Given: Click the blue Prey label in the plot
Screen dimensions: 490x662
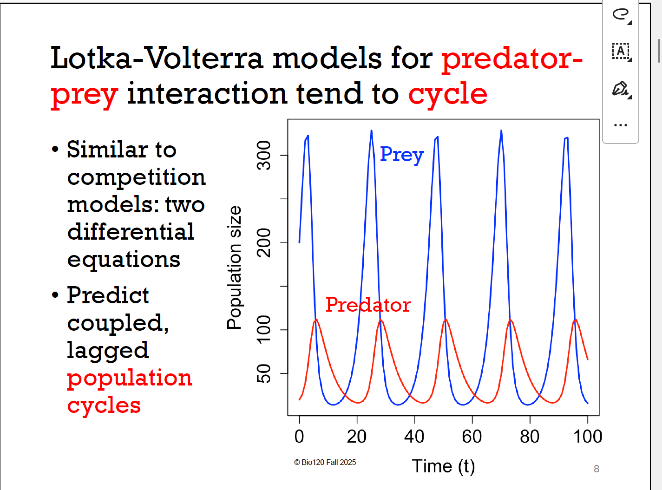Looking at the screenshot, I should (x=401, y=155).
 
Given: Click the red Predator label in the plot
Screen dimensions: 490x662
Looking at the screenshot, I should (x=368, y=305).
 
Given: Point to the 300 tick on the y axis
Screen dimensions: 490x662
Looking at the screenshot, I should (x=264, y=155).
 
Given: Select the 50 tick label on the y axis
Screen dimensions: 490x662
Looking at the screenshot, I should (x=264, y=373).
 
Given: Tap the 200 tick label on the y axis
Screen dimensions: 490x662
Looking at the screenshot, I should (x=264, y=242).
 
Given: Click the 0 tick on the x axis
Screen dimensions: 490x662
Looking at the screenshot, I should (x=299, y=437).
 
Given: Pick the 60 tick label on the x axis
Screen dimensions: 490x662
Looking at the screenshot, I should (x=472, y=437).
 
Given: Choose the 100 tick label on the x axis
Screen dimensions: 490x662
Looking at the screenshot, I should (x=588, y=437).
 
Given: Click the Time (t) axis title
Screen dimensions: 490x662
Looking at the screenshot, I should (x=443, y=466).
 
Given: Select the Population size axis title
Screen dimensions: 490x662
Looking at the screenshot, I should (x=234, y=268).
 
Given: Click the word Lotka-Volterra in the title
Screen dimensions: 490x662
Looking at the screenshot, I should (x=157, y=59).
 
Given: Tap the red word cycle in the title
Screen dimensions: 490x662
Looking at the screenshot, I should (x=448, y=94).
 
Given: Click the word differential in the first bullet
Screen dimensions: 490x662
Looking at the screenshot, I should (x=131, y=231).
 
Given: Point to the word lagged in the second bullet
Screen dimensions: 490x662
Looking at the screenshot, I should (x=108, y=350).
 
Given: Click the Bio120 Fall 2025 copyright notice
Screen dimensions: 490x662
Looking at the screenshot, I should (x=325, y=462).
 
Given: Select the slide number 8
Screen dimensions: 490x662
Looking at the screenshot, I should (x=596, y=469).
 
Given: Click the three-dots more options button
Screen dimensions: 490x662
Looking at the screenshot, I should (x=620, y=125).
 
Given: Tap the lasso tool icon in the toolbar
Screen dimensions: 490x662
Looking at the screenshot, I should (x=620, y=14).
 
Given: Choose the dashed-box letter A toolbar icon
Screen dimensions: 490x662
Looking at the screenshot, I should (x=620, y=51).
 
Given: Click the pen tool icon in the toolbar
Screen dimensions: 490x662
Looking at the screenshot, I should (x=620, y=88).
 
